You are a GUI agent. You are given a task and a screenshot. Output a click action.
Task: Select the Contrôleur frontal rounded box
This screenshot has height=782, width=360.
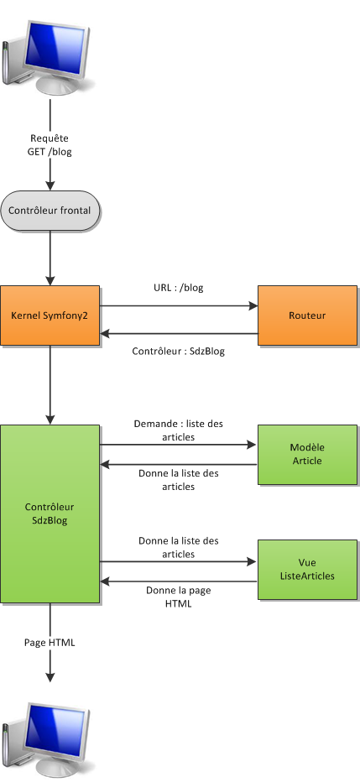click(x=50, y=210)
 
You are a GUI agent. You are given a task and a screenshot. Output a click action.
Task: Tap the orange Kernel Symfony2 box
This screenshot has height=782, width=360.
click(x=50, y=315)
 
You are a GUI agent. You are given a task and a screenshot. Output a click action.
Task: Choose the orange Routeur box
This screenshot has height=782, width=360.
click(x=307, y=315)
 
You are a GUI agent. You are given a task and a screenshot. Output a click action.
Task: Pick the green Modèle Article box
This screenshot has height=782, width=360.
click(x=307, y=454)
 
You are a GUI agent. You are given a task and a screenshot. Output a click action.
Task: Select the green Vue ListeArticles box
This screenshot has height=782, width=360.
click(x=307, y=570)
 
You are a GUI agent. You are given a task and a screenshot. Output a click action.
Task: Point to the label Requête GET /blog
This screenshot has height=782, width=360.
click(x=50, y=144)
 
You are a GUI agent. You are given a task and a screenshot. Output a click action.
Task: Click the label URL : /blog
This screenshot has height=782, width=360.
click(x=179, y=288)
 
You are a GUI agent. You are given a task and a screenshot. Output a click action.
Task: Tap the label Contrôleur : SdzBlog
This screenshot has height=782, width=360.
click(x=179, y=352)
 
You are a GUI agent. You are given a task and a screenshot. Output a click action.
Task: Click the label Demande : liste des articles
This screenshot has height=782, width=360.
click(x=179, y=430)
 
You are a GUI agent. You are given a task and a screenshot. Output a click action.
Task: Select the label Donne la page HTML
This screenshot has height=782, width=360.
click(x=179, y=597)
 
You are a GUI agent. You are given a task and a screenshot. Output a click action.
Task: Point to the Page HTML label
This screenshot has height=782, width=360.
click(x=50, y=643)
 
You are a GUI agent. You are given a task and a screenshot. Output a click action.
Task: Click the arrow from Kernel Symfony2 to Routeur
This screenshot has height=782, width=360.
click(x=179, y=306)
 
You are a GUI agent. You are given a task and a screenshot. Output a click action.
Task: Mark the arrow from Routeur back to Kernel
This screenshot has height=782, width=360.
click(x=179, y=334)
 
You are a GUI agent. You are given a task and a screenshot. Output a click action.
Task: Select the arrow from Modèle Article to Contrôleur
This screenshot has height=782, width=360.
click(x=179, y=463)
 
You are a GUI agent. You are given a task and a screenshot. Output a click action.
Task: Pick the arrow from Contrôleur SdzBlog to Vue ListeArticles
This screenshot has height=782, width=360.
click(x=179, y=561)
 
